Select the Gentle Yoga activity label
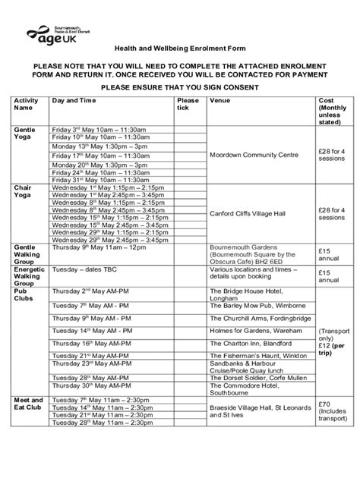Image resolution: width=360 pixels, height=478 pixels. pyautogui.click(x=25, y=135)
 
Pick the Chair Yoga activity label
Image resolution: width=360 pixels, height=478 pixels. pyautogui.click(x=22, y=190)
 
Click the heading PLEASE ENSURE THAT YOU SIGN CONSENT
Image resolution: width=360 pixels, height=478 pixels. pyautogui.click(x=179, y=86)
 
